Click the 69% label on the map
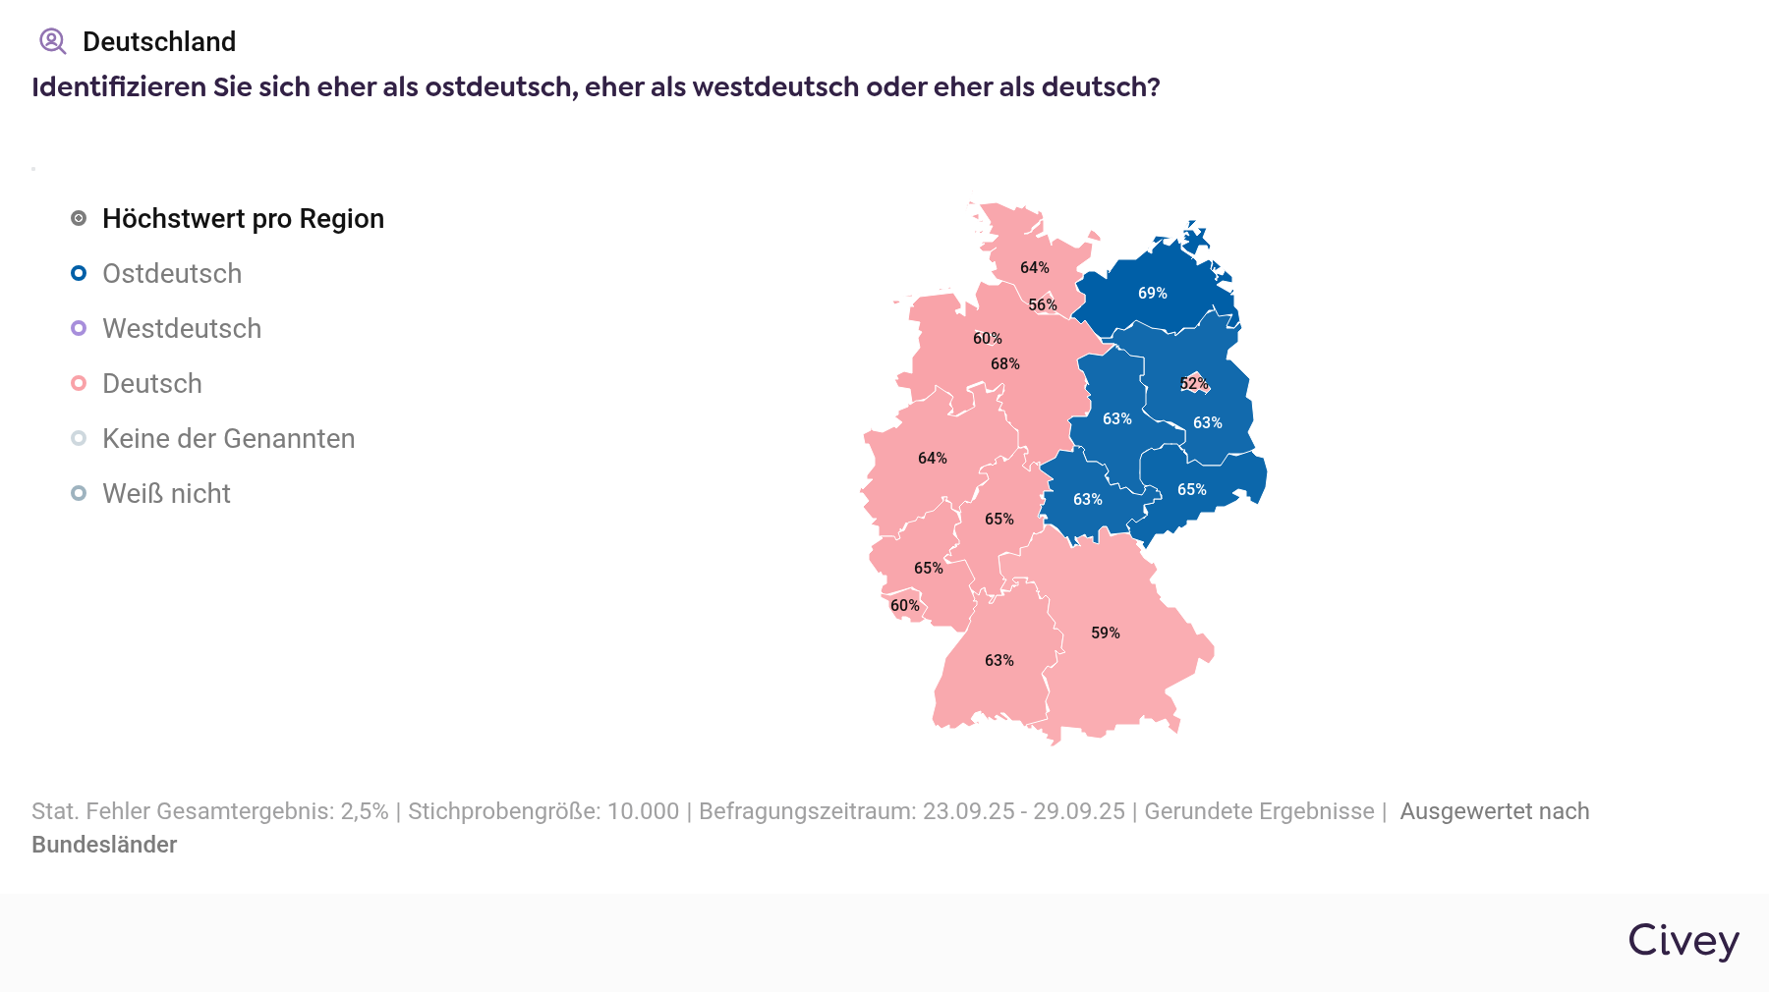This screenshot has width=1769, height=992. point(1153,293)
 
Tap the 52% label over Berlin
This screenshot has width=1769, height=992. point(1194,383)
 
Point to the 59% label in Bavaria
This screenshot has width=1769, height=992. point(1106,633)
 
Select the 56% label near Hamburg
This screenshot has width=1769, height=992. point(1043,304)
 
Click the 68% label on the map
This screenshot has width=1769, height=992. point(1005,363)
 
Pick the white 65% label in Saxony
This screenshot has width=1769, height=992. point(1192,489)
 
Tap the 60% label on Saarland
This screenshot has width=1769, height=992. point(905,605)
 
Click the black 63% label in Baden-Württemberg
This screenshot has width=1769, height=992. point(999,660)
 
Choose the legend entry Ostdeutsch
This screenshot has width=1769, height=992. point(172,273)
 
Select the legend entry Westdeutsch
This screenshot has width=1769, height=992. point(182,328)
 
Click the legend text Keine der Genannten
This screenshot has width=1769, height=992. point(229,438)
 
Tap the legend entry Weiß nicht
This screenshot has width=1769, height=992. point(166,493)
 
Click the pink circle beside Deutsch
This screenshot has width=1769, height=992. point(79,383)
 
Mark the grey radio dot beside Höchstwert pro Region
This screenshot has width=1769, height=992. point(79,218)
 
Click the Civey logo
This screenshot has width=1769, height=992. point(1683,941)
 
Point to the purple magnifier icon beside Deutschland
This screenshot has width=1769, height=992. point(52,41)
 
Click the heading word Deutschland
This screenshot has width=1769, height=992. point(159,41)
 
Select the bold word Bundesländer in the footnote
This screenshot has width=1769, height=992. point(104,845)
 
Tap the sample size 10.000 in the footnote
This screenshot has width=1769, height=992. point(643,811)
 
